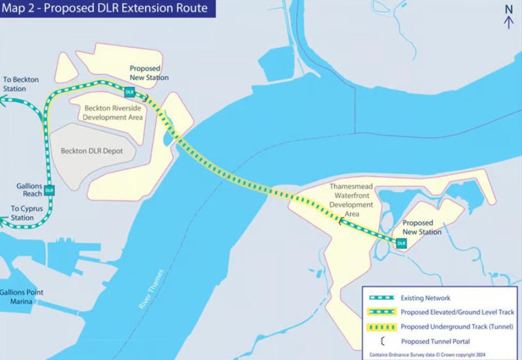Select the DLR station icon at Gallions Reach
pyautogui.click(x=49, y=190)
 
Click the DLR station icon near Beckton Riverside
pyautogui.click(x=130, y=92)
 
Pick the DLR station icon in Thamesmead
pyautogui.click(x=402, y=243)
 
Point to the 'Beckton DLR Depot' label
pyautogui.click(x=91, y=151)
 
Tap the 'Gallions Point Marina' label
pyautogui.click(x=22, y=297)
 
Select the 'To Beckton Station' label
pyautogui.click(x=20, y=84)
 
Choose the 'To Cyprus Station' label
pyautogui.click(x=27, y=213)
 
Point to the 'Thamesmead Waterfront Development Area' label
pyautogui.click(x=352, y=200)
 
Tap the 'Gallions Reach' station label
pyautogui.click(x=29, y=190)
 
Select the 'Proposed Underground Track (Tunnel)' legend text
pyautogui.click(x=457, y=327)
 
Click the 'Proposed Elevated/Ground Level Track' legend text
pyautogui.click(x=457, y=312)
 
